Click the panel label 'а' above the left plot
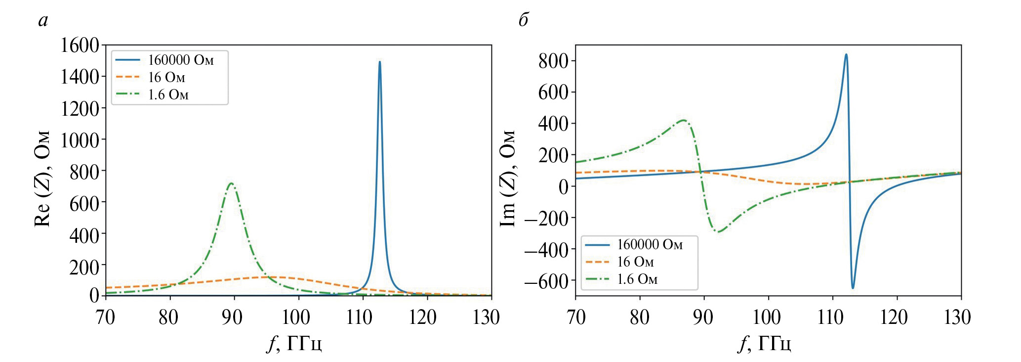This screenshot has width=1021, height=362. (43, 20)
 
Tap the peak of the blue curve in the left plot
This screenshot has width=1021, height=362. (379, 62)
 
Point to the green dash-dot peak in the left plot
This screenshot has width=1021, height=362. (231, 183)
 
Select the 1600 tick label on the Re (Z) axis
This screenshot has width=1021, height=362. (80, 45)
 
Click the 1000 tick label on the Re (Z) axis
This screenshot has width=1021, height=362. (80, 140)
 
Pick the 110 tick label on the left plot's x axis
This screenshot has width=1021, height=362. (360, 317)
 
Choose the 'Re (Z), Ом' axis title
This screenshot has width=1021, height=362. (42, 179)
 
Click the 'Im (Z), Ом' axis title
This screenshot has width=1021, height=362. (508, 179)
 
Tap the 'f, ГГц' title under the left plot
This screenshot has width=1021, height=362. (295, 343)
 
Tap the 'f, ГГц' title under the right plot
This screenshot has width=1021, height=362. (765, 343)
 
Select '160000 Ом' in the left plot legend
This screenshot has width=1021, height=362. (181, 60)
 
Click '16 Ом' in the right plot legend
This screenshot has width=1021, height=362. (635, 262)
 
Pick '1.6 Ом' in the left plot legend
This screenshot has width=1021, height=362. (168, 95)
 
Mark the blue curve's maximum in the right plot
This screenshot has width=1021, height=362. (846, 54)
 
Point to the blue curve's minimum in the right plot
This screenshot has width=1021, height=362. (853, 288)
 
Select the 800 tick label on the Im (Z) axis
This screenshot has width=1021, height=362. (553, 61)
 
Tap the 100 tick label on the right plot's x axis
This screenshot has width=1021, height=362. (767, 317)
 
